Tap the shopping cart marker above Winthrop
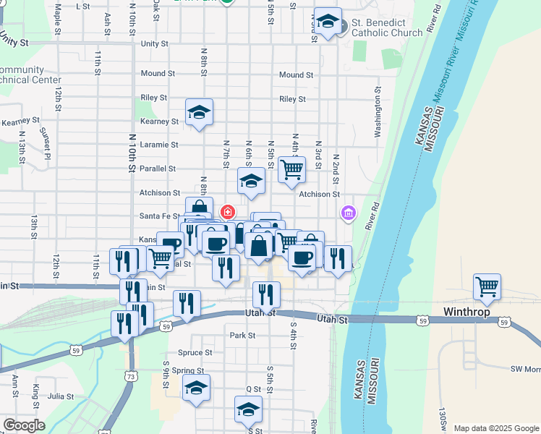pyautogui.click(x=487, y=286)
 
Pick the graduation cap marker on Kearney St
pyautogui.click(x=198, y=112)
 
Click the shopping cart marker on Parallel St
pyautogui.click(x=291, y=169)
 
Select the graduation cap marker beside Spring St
pyautogui.click(x=195, y=388)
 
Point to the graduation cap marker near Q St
pyautogui.click(x=248, y=409)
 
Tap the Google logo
pyautogui.click(x=25, y=425)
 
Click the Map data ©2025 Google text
pyautogui.click(x=496, y=428)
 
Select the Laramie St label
pyautogui.click(x=160, y=144)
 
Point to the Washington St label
pyautogui.click(x=377, y=113)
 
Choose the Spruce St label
pyautogui.click(x=197, y=353)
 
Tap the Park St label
pyautogui.click(x=242, y=336)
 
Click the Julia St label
pyautogui.click(x=61, y=396)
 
